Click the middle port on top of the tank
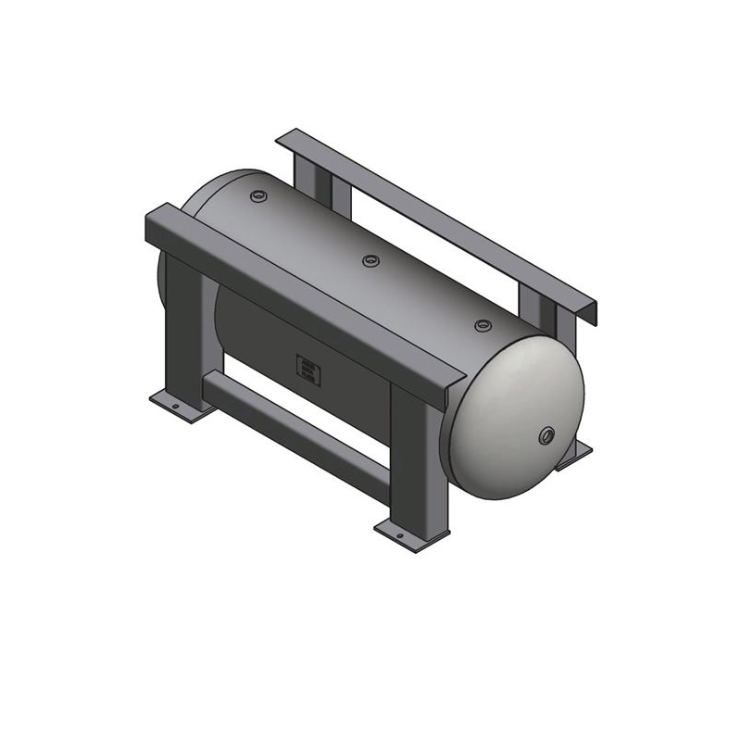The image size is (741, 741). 370,260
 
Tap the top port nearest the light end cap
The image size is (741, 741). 483,325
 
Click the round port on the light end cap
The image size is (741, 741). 547,433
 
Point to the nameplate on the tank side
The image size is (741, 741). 308,369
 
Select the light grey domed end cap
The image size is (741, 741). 519,417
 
